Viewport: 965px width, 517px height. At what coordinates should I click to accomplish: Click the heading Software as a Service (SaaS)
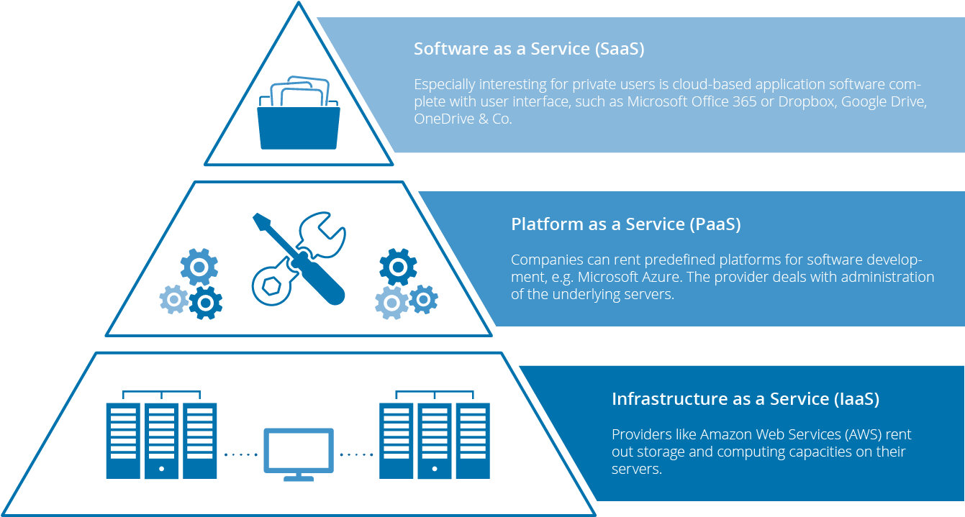tap(528, 49)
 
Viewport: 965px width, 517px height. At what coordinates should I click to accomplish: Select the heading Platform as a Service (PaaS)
tap(625, 224)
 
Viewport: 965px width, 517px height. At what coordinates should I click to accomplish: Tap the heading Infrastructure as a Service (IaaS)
tap(745, 399)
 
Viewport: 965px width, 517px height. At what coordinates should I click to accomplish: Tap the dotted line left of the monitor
tap(241, 454)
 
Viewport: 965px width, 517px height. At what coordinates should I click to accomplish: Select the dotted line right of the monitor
tap(356, 454)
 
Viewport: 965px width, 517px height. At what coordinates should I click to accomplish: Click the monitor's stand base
tap(298, 478)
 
